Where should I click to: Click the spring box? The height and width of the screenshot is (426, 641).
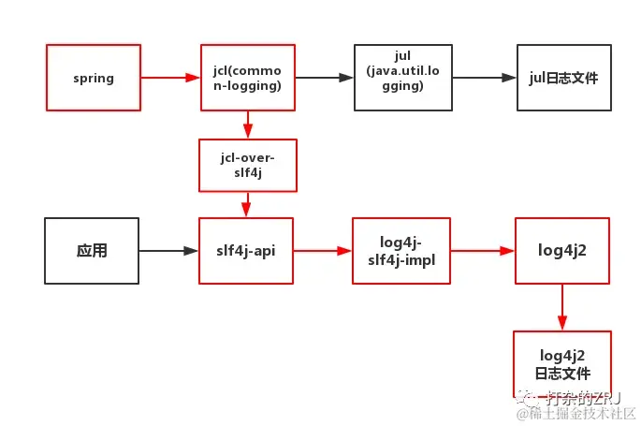(x=94, y=78)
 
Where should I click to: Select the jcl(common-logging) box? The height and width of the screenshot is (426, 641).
(x=247, y=78)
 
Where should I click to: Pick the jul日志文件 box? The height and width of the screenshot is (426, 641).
(x=563, y=78)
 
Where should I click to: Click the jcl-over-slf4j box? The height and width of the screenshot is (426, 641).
(x=247, y=165)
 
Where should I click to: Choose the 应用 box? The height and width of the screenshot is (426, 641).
(x=92, y=251)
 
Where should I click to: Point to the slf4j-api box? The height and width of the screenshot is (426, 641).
(x=247, y=251)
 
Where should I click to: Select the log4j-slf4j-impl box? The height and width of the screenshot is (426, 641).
(x=401, y=251)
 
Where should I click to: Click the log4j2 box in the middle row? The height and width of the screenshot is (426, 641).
(x=562, y=251)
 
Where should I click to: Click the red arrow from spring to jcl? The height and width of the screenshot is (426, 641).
(x=170, y=78)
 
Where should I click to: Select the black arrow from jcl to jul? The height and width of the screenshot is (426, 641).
(x=324, y=78)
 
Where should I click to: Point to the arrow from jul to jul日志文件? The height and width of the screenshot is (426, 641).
(x=483, y=78)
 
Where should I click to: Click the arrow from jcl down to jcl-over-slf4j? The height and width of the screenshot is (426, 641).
(x=247, y=125)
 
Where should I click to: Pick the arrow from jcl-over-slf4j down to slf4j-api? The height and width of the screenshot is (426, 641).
(x=247, y=204)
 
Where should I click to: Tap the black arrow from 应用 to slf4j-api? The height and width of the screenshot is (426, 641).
(x=169, y=251)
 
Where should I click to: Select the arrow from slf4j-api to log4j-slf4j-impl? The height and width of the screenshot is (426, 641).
(x=323, y=251)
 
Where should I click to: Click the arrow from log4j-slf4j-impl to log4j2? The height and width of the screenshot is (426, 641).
(x=483, y=251)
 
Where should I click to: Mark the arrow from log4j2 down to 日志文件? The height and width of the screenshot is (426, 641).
(x=562, y=307)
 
